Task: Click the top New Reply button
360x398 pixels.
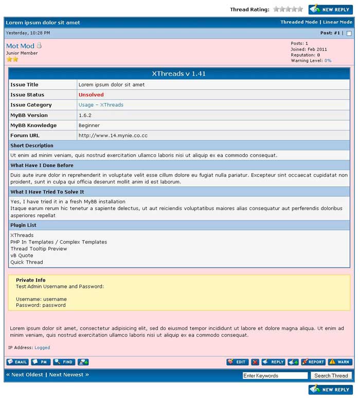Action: tap(331, 9)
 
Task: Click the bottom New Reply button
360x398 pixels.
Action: tap(331, 389)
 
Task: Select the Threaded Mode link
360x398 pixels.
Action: tap(299, 22)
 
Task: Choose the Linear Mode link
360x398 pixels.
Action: tap(337, 22)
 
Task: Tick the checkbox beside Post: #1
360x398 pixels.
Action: tap(349, 33)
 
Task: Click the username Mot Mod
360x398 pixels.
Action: tap(20, 46)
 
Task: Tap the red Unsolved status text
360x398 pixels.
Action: tap(91, 95)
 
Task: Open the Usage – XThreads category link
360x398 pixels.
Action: tap(101, 105)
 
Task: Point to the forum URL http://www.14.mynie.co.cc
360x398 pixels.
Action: tap(113, 135)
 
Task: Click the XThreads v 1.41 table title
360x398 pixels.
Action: tap(179, 74)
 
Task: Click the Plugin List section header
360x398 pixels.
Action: tap(24, 225)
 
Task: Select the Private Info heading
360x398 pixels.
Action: tap(30, 280)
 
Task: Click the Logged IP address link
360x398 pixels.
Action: tap(42, 348)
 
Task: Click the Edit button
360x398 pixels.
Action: tap(237, 362)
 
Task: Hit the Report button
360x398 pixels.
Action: tap(313, 362)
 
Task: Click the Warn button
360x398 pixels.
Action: tap(340, 362)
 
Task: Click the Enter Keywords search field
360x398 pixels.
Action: tap(275, 375)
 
